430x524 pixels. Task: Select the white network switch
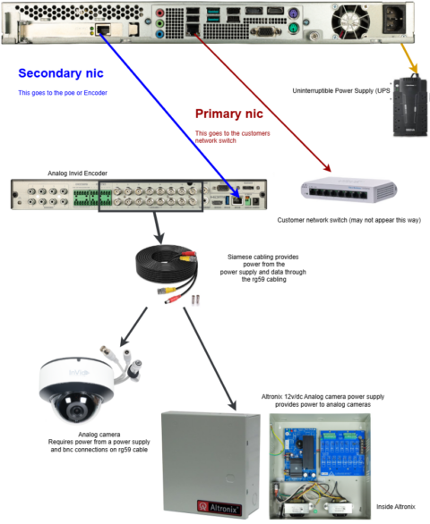pos(348,188)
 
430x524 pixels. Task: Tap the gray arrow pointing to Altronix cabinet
pos(210,358)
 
